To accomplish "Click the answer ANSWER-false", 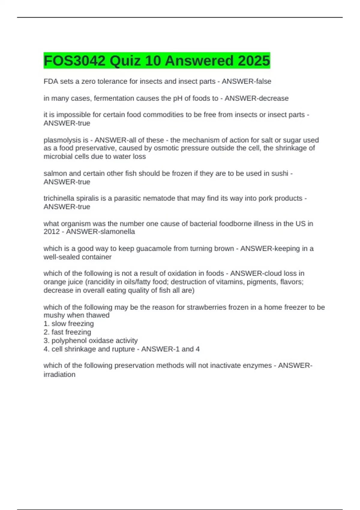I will click(246, 81).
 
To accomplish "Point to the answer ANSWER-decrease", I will click(256, 98).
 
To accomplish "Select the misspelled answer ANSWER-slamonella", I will click(100, 232).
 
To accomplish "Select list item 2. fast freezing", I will click(67, 332).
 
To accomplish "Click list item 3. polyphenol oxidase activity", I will click(91, 340).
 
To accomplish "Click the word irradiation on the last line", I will click(59, 374).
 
